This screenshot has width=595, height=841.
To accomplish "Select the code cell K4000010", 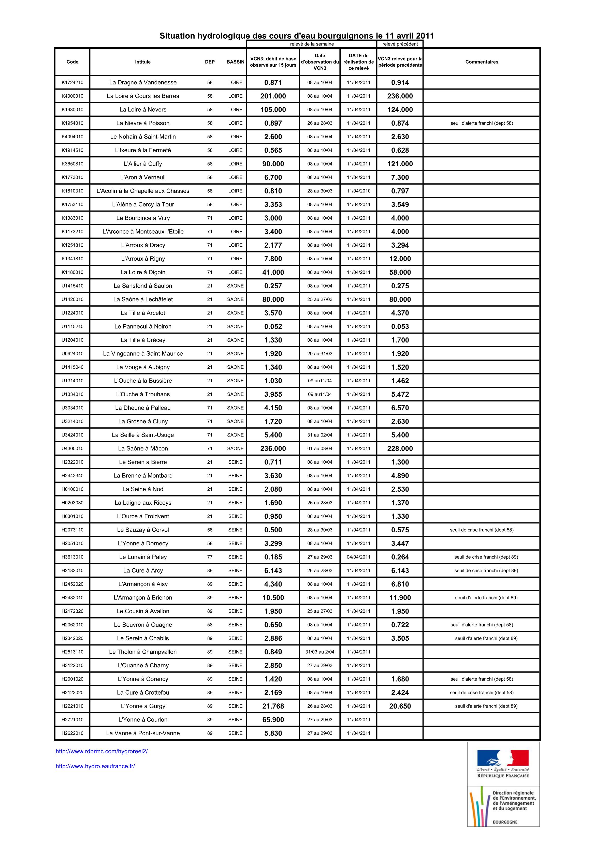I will click(x=72, y=96).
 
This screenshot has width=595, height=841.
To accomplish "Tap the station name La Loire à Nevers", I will click(x=143, y=110).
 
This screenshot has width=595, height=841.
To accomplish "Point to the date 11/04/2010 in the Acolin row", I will click(x=358, y=191).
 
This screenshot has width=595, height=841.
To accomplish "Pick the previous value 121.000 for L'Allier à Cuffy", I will click(x=400, y=164).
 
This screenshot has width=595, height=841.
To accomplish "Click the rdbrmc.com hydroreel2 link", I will click(x=101, y=751).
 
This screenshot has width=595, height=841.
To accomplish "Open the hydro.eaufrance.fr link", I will click(x=95, y=766).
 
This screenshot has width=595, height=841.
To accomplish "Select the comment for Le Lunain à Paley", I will click(x=486, y=557).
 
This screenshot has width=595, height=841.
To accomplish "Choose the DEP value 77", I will click(x=210, y=557).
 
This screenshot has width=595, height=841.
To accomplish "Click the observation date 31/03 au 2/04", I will click(x=320, y=652).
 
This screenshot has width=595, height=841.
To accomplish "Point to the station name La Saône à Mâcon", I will click(x=143, y=448).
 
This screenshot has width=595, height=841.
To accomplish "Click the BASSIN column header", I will click(x=235, y=62).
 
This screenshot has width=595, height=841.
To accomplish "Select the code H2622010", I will click(x=72, y=733).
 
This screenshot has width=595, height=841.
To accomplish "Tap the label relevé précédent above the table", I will click(x=400, y=44).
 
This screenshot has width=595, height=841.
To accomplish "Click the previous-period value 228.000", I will click(x=400, y=448).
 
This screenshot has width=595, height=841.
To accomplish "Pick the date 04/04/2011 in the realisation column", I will click(x=358, y=557).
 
